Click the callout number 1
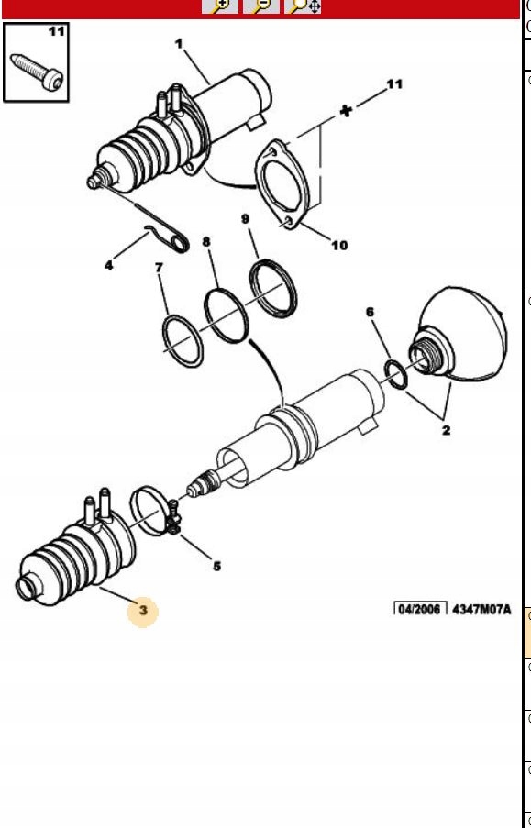tap(179, 43)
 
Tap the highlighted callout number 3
tap(143, 611)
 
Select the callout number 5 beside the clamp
tap(216, 567)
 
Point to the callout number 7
tap(159, 269)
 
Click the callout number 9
tap(245, 218)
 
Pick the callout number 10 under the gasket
tap(339, 245)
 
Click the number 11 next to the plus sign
tap(394, 84)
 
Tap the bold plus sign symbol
tap(346, 111)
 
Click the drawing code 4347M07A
tap(481, 610)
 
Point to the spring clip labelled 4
tap(168, 238)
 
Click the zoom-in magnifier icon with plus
tap(220, 6)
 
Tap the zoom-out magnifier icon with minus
tap(261, 6)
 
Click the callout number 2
tap(447, 430)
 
